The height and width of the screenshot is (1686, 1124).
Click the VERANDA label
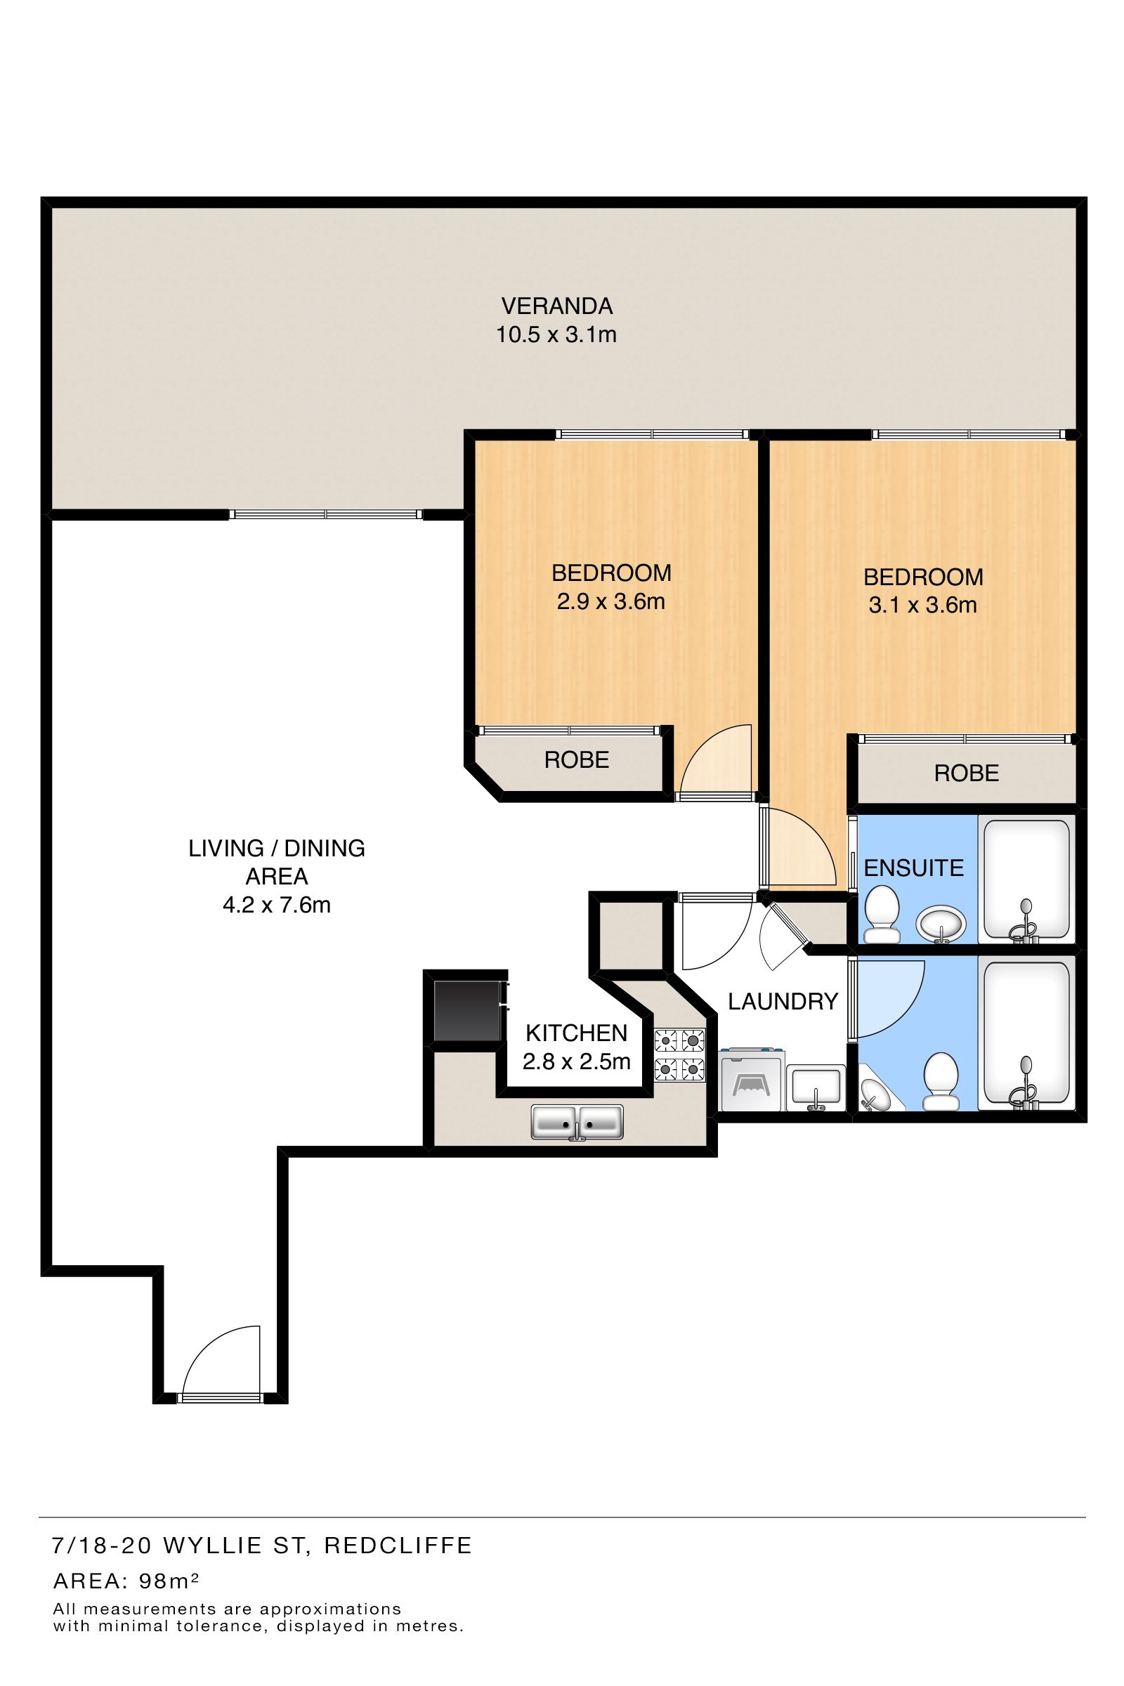[x=557, y=306]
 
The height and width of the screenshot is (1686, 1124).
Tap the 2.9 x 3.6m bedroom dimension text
[x=610, y=601]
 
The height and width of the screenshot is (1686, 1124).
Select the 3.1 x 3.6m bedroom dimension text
[x=922, y=605]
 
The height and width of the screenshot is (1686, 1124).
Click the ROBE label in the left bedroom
[x=576, y=760]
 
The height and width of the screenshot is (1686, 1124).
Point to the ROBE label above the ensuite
[x=967, y=773]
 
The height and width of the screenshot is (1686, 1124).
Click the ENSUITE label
[x=913, y=868]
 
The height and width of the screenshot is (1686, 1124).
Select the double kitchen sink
[x=577, y=1122]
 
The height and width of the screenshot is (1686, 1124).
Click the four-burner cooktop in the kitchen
[x=679, y=1054]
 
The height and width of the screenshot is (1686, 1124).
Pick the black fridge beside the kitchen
[x=467, y=1011]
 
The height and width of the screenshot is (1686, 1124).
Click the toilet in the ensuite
[x=882, y=914]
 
